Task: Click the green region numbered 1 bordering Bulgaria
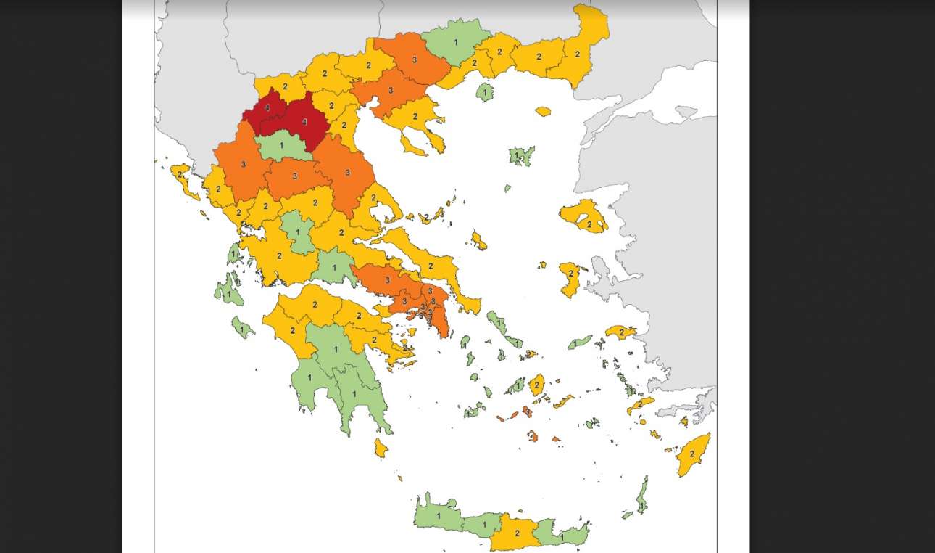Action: tap(456, 42)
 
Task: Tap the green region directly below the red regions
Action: tap(281, 147)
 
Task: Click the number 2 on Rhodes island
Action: tap(691, 454)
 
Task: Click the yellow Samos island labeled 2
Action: tap(620, 332)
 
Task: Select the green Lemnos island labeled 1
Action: tap(520, 155)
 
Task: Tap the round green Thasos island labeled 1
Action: tap(485, 92)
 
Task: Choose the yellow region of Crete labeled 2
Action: tap(516, 533)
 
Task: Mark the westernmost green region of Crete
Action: tap(437, 515)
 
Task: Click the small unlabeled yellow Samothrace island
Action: tap(543, 112)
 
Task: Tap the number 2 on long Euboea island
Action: tap(430, 266)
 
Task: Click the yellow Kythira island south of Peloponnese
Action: tap(381, 448)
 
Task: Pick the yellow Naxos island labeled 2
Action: tap(536, 385)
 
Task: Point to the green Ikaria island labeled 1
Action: tap(578, 343)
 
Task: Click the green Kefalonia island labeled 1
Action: tap(228, 293)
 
